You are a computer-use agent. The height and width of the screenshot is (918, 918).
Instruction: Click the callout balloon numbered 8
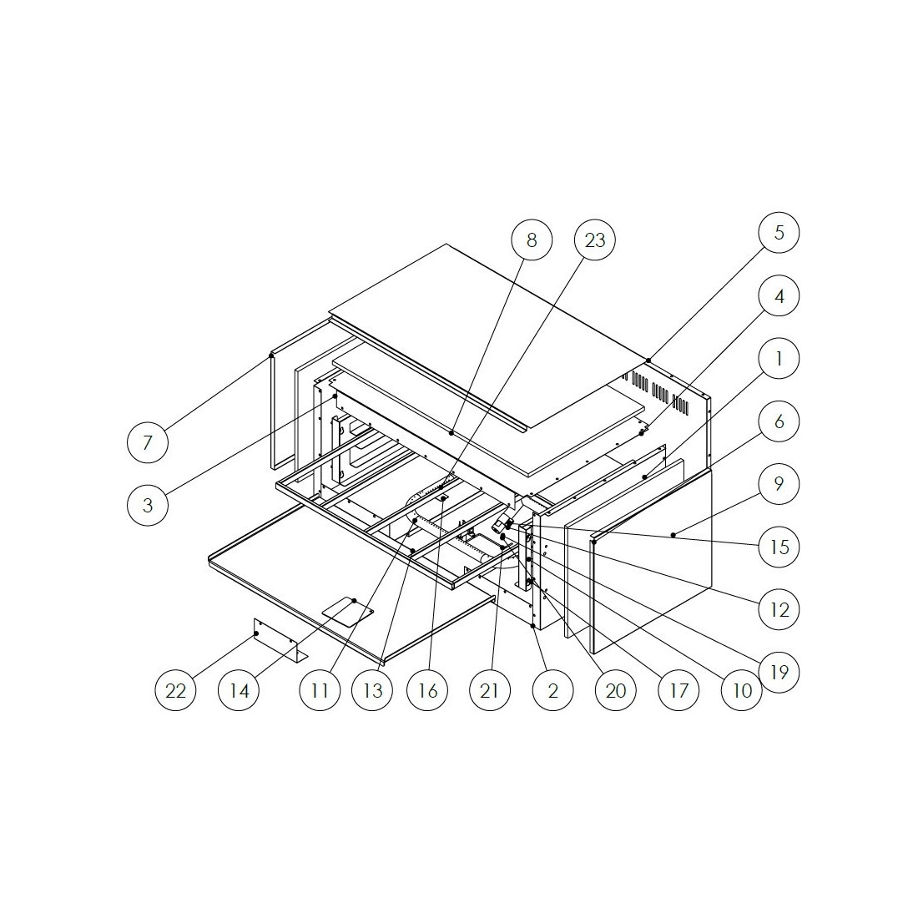[x=532, y=240]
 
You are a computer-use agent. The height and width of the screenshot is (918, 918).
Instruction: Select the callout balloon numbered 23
[x=595, y=240]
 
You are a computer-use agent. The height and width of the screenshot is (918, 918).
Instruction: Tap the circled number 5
[x=779, y=233]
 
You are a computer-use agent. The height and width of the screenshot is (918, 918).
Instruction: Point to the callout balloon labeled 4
[x=779, y=295]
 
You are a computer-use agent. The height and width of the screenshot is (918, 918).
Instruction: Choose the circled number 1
[x=779, y=358]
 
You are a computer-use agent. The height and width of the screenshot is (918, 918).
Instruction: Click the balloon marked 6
[x=779, y=421]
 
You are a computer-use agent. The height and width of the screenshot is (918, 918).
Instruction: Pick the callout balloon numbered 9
[x=779, y=483]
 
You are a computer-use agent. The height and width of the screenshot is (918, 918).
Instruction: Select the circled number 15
[x=779, y=547]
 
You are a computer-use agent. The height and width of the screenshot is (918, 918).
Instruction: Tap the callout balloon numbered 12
[x=779, y=610]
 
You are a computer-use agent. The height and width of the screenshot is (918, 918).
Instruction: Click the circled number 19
[x=779, y=672]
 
